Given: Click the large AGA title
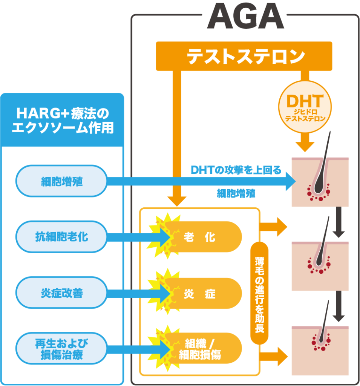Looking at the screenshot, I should pyautogui.click(x=245, y=17).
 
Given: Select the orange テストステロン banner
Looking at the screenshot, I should pyautogui.click(x=244, y=56).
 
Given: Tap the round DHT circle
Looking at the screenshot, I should pyautogui.click(x=305, y=106).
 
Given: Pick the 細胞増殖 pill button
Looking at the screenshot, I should pyautogui.click(x=62, y=182).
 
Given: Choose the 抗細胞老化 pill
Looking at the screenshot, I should pyautogui.click(x=62, y=237).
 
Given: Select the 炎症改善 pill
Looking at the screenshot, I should pyautogui.click(x=62, y=293).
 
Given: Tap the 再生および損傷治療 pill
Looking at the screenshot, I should pyautogui.click(x=62, y=349).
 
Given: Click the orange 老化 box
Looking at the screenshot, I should pyautogui.click(x=204, y=237).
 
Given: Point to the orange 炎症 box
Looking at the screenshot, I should pyautogui.click(x=204, y=293).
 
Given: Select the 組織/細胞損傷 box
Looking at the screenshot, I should pyautogui.click(x=204, y=349).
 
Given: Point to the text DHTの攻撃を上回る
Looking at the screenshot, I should pyautogui.click(x=236, y=170).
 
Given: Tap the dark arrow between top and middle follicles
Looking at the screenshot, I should pyautogui.click(x=339, y=222).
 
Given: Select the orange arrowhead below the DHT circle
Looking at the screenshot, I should pyautogui.click(x=305, y=144).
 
